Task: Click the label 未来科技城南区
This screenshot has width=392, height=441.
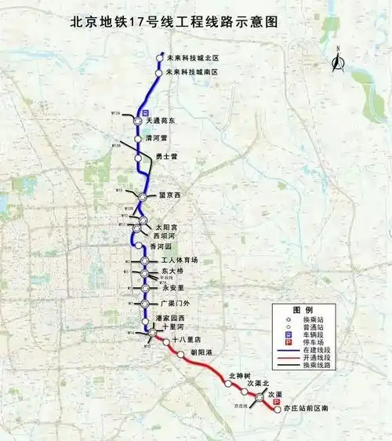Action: pyautogui.click(x=191, y=72)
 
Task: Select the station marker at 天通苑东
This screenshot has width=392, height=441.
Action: pyautogui.click(x=136, y=122)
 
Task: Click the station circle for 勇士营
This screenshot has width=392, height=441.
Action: pyautogui.click(x=138, y=157)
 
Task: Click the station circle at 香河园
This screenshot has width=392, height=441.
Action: pyautogui.click(x=139, y=246)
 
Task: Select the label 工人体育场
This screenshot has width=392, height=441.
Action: pyautogui.click(x=180, y=260)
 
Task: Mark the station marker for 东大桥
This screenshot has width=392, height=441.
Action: pyautogui.click(x=144, y=273)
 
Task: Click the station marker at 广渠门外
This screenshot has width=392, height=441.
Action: pyautogui.click(x=144, y=303)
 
